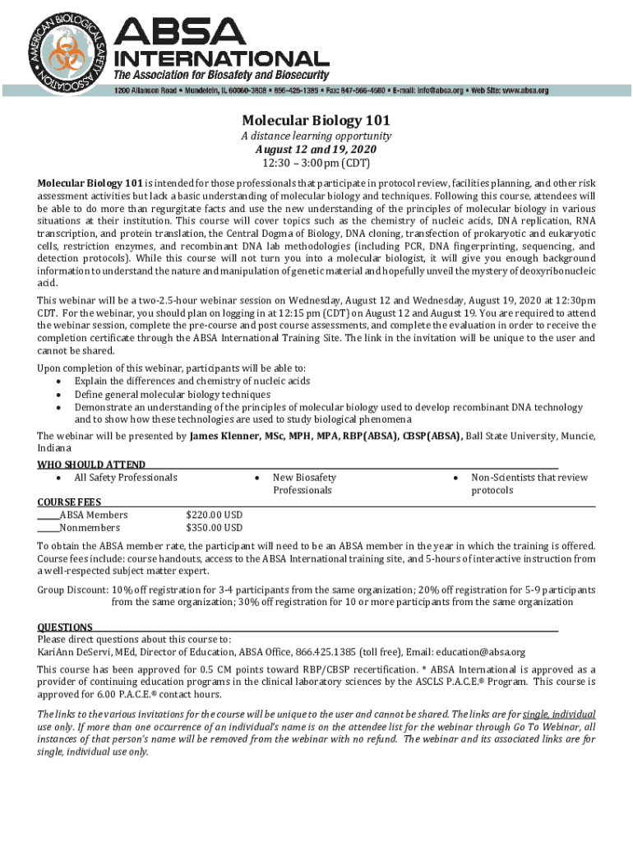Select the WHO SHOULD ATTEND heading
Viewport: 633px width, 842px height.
(92, 465)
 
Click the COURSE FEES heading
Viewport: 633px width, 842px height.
(70, 502)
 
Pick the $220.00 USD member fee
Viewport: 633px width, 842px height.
(215, 515)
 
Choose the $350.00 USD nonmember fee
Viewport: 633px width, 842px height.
(215, 528)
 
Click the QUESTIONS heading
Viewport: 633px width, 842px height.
(65, 627)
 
